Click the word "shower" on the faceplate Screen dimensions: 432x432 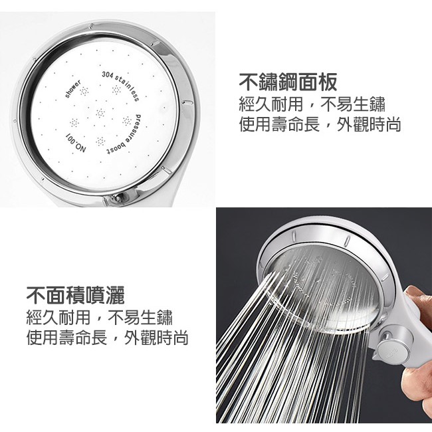[73, 88]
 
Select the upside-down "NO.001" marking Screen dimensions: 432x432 [76, 143]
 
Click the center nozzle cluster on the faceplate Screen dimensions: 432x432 [100, 113]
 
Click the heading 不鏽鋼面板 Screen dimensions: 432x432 [288, 82]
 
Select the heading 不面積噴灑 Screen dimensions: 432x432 [76, 295]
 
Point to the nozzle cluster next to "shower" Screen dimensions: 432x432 [84, 91]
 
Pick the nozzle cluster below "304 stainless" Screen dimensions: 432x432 [116, 90]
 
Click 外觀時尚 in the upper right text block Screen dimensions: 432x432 [369, 124]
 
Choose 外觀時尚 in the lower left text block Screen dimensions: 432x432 [156, 338]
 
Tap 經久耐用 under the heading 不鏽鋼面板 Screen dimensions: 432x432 [271, 104]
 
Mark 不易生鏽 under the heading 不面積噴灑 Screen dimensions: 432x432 [140, 318]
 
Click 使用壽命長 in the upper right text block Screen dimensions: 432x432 [279, 124]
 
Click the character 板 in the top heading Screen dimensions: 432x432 [327, 82]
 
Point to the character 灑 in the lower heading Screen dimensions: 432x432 [115, 295]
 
